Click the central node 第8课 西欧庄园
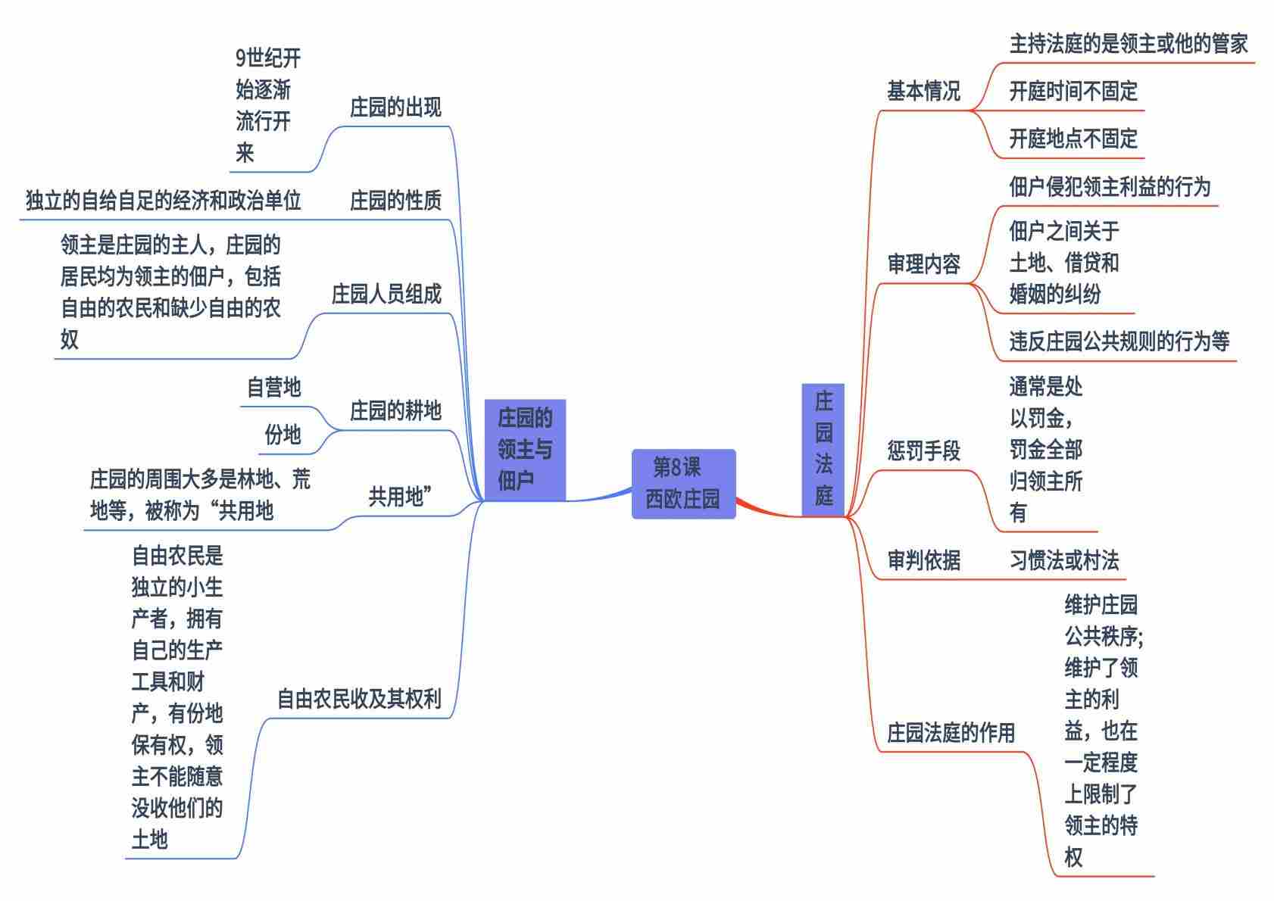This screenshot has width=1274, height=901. (683, 484)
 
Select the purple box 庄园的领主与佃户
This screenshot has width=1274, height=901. (525, 449)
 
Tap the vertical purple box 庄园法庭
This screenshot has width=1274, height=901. (823, 449)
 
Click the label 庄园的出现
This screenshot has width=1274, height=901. (395, 108)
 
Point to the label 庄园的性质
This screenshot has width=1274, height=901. (395, 201)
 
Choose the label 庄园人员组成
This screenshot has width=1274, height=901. (386, 294)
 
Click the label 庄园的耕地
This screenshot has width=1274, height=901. (395, 410)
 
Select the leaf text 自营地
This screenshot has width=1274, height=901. (273, 387)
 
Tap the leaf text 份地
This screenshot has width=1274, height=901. (283, 435)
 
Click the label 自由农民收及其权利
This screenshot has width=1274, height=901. (359, 698)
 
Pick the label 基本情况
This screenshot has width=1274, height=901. (923, 91)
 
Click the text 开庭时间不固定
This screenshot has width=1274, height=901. (1073, 92)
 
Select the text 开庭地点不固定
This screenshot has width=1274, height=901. (1073, 139)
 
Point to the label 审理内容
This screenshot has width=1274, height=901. (923, 263)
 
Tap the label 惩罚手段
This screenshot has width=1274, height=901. (923, 451)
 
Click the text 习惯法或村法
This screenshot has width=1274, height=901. (1063, 560)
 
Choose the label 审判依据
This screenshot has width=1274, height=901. (923, 560)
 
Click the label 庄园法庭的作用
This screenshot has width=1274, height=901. (951, 732)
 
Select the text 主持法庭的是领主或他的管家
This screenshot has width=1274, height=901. (1128, 44)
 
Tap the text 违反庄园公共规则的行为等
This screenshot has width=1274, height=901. (1119, 341)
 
